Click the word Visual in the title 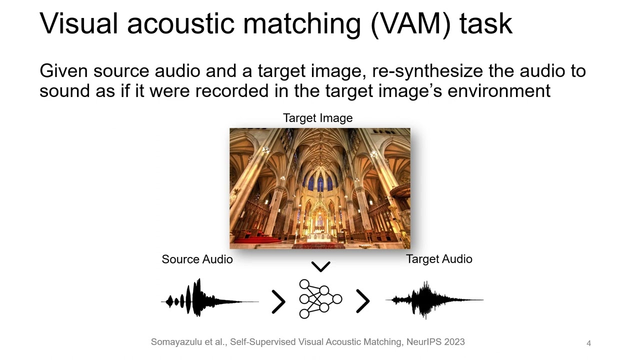coord(79,23)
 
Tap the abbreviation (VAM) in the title coord(411,23)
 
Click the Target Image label coord(317,118)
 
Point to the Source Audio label coord(197,259)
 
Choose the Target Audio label coord(439,259)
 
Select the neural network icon coord(320,299)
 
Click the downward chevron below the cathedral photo coord(320,266)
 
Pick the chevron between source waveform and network coord(278,301)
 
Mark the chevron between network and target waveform coord(362,301)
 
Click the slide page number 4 coord(588,343)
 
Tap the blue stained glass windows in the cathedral coord(320,183)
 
